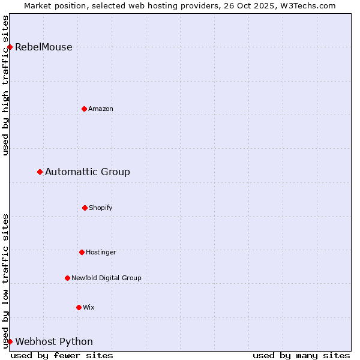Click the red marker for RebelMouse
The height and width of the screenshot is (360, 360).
10,47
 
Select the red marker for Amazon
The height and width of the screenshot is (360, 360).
84,109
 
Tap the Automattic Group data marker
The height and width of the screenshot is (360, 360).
40,172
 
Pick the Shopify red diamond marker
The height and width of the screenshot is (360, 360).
85,208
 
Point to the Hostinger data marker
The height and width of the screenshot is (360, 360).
82,252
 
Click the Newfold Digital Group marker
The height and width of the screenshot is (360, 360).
67,278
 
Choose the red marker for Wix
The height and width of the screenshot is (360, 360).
79,307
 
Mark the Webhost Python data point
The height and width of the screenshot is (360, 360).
10,341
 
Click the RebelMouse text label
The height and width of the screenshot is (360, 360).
43,47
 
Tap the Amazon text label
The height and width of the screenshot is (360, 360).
101,109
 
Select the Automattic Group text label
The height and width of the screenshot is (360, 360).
88,172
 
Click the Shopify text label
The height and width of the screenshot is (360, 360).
101,208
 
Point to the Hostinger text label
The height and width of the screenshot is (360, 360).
101,252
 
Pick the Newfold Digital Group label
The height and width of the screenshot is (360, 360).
106,278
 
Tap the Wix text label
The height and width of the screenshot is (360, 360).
89,307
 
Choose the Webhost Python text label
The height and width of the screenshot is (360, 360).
54,342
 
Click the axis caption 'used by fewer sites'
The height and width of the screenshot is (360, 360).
62,355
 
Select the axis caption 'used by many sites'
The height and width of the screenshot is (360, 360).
301,355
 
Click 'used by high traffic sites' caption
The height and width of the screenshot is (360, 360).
5,85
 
